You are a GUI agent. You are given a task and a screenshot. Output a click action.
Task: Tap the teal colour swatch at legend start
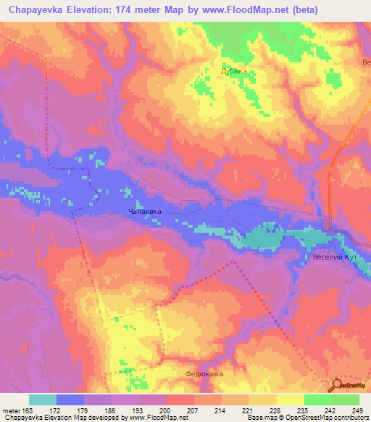coord(43,400)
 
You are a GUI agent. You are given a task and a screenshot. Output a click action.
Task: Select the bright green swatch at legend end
coord(346,400)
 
